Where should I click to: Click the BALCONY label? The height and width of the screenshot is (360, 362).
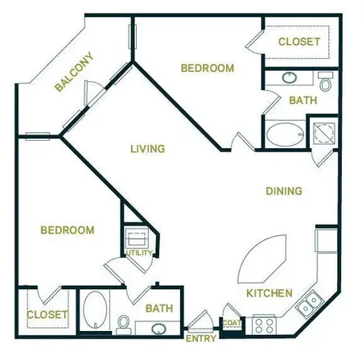[74, 73]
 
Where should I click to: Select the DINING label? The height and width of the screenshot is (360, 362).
[284, 192]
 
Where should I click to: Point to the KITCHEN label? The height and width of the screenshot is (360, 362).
[269, 293]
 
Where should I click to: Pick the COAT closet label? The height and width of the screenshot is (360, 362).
[232, 324]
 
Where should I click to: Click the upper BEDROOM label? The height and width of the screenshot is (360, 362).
[207, 68]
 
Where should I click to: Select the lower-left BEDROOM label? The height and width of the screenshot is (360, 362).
[67, 230]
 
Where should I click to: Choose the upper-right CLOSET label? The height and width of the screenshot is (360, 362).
[299, 41]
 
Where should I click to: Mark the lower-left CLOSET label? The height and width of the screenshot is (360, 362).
[46, 315]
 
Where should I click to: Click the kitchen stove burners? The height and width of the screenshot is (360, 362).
[264, 325]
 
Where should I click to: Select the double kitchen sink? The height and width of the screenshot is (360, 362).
[308, 305]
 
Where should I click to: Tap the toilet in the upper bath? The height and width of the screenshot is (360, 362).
[325, 82]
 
